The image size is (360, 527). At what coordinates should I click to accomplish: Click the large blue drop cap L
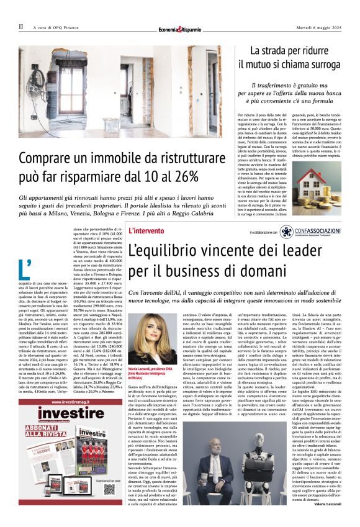(25, 269)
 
